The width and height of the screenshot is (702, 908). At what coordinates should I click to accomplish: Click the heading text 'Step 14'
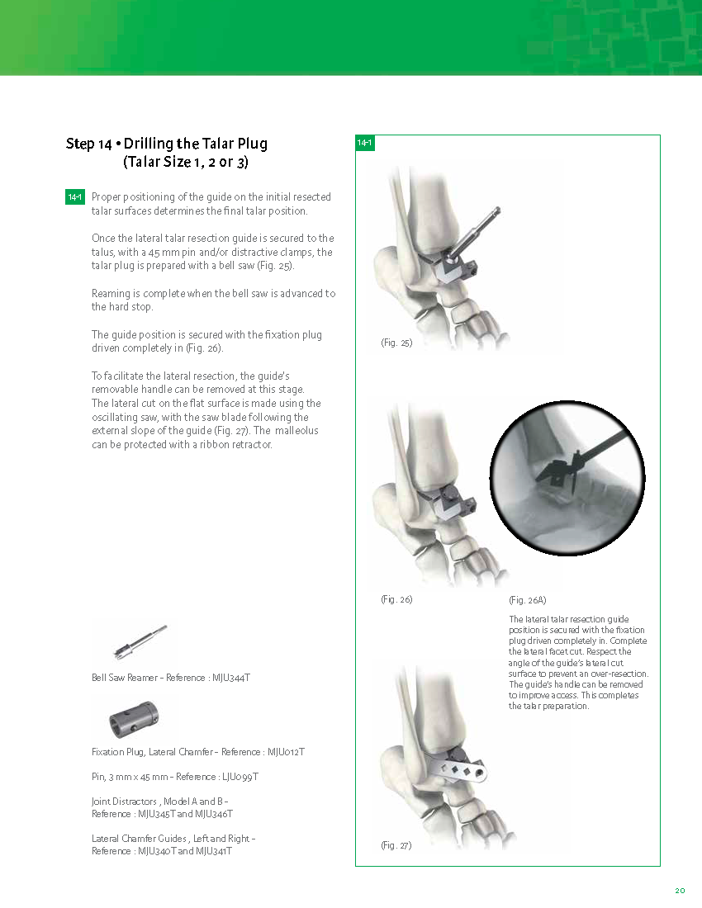click(88, 144)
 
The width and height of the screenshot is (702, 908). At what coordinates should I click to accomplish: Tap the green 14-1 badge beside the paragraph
click(75, 197)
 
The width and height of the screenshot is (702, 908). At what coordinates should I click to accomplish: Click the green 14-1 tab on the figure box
click(365, 143)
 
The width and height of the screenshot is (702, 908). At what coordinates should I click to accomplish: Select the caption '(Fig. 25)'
click(396, 343)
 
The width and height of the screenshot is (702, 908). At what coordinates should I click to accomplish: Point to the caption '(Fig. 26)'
click(396, 599)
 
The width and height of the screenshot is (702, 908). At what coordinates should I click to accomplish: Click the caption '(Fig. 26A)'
click(528, 600)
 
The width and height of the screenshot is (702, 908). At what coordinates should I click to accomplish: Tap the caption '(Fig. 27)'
click(396, 845)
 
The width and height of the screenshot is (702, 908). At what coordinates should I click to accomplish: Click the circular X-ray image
click(567, 478)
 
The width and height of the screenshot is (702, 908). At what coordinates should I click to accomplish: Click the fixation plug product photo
click(134, 719)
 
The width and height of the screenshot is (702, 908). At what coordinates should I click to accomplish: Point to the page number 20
click(680, 891)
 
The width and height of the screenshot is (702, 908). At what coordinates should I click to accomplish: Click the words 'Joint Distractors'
click(124, 802)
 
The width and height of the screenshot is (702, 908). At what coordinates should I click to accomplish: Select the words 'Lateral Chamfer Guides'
click(139, 839)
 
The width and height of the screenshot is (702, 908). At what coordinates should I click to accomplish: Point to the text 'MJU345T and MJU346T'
click(185, 814)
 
